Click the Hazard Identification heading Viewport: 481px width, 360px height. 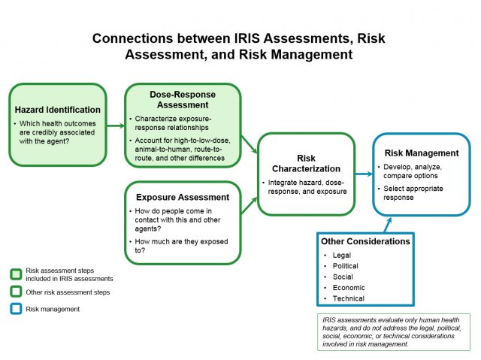click(57, 110)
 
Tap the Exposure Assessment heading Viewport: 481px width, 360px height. click(183, 197)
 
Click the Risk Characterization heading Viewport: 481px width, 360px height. click(306, 164)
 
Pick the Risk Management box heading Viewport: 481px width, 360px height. click(421, 153)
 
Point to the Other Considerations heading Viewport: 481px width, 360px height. click(365, 241)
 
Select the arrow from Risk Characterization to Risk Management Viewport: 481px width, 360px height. click(364, 174)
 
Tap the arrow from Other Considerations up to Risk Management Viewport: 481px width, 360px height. click(388, 223)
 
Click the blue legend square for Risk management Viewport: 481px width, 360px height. click(16, 308)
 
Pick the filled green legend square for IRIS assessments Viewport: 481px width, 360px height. click(16, 274)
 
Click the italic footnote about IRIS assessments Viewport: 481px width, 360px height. click(393, 331)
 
